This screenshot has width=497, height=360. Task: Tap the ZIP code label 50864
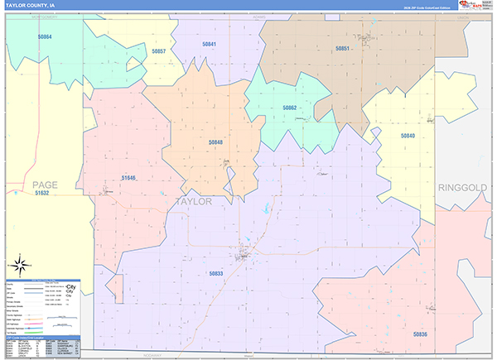pos(44,37)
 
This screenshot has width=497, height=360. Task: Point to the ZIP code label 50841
pos(209,44)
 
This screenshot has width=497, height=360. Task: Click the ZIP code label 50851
pos(342,49)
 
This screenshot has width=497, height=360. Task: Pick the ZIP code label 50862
pos(289,108)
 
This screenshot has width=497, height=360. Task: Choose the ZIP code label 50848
pos(215,142)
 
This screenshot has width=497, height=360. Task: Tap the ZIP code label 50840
pos(408,135)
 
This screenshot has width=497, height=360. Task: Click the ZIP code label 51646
pos(128,177)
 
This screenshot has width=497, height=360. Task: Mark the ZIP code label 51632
pos(42,193)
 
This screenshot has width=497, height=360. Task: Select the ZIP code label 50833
pos(216,272)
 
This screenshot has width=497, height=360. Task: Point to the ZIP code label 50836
pos(420,334)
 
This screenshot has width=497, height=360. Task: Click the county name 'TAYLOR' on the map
pos(194,202)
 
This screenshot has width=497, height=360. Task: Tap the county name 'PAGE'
pos(45,184)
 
